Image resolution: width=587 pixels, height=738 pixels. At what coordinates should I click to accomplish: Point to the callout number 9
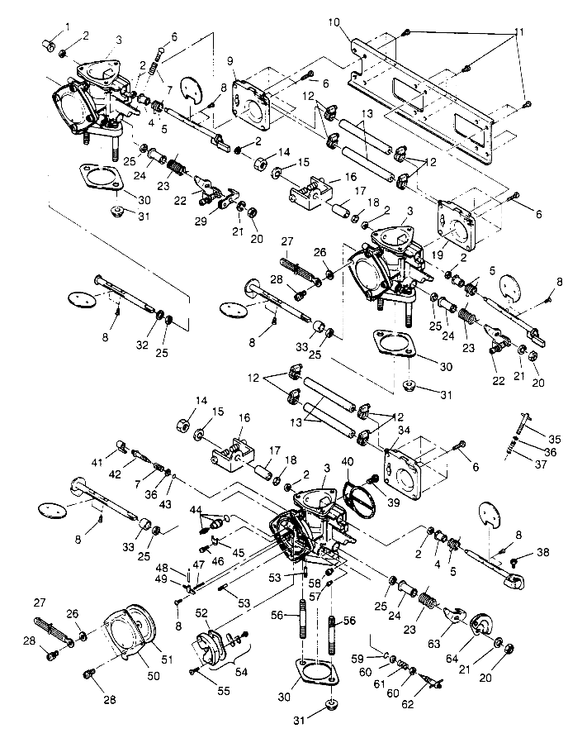[231, 61]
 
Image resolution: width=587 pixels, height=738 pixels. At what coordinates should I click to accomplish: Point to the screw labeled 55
[195, 670]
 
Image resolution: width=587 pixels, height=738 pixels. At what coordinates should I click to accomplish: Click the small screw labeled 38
[514, 561]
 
